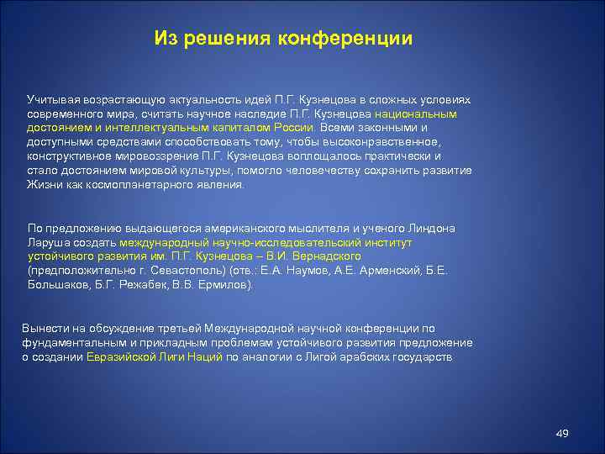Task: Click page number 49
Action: coord(563,433)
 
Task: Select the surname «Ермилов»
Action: coord(224,285)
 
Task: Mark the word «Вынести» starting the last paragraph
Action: coord(44,328)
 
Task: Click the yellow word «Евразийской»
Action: coord(119,356)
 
